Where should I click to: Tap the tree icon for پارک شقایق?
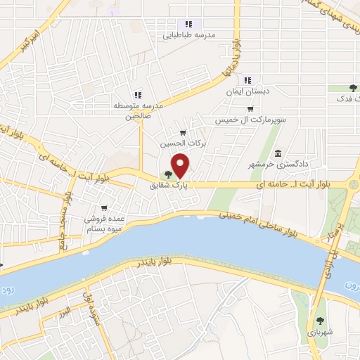pyautogui.click(x=167, y=176)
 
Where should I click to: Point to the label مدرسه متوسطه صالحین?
pyautogui.click(x=139, y=111)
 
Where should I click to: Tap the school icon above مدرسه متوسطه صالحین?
pyautogui.click(x=138, y=95)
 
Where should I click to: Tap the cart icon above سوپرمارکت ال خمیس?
pyautogui.click(x=250, y=109)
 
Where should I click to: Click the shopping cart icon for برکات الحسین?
pyautogui.click(x=183, y=132)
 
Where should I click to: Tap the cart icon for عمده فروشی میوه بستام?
pyautogui.click(x=104, y=207)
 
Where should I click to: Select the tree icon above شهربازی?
pyautogui.click(x=322, y=316)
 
